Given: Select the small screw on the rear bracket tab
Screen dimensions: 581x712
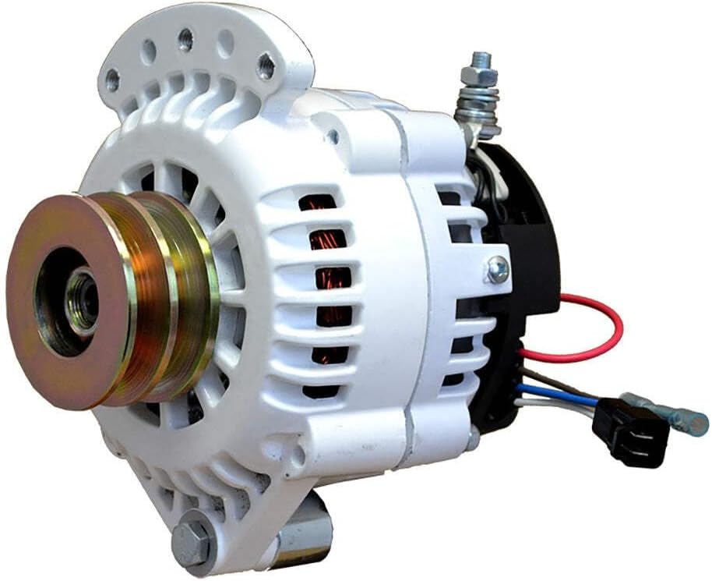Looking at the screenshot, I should [x=496, y=270].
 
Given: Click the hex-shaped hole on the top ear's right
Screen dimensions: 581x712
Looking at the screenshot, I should [x=265, y=66].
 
